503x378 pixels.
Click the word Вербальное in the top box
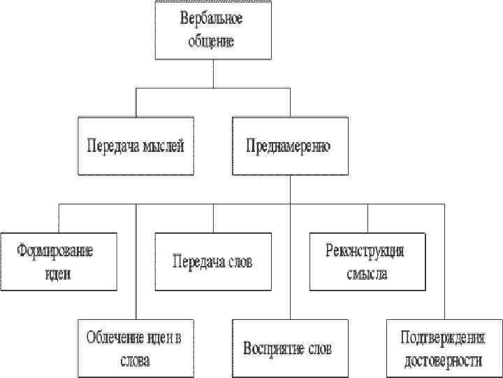(212, 20)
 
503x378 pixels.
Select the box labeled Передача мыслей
(134, 147)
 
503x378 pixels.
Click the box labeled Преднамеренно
(289, 147)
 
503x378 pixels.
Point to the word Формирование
(55, 251)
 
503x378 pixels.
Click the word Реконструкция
(365, 251)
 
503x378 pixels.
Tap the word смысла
(366, 274)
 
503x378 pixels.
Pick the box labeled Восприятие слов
(288, 348)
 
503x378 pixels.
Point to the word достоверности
(443, 361)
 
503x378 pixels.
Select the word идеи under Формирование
(56, 274)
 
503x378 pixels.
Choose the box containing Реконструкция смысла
(366, 262)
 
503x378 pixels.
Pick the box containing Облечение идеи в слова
(134, 349)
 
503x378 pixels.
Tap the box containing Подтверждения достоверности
(443, 349)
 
